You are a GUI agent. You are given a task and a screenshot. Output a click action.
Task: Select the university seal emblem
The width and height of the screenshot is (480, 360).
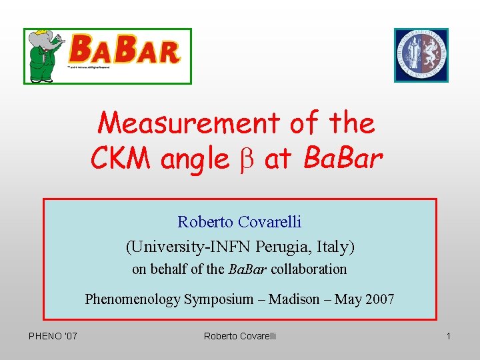point(421,55)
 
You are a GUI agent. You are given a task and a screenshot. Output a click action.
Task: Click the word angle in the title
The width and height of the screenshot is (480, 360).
point(194,160)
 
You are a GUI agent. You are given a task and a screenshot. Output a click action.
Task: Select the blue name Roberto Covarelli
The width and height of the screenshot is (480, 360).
point(239,221)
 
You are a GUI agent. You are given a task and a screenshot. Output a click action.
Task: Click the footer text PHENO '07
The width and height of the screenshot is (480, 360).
point(53,336)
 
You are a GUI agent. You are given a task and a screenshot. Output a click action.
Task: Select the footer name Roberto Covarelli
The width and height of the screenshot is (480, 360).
point(239,336)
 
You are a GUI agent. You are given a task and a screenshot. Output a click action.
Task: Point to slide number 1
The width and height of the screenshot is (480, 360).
point(449,336)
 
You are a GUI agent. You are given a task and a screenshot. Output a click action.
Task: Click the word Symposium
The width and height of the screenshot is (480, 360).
point(223,299)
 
